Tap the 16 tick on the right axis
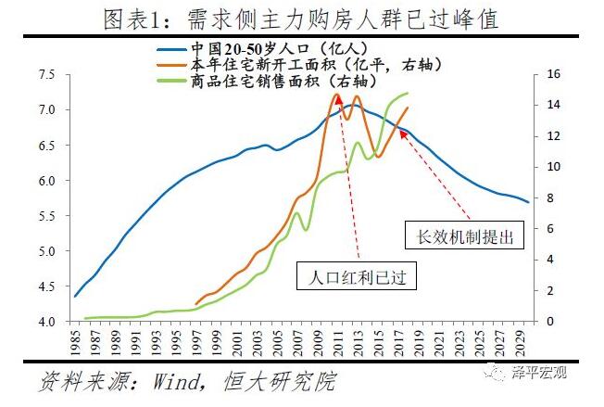pyautogui.click(x=551, y=74)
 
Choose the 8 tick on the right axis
pyautogui.click(x=547, y=198)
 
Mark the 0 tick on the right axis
pyautogui.click(x=547, y=322)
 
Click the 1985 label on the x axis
pyautogui.click(x=75, y=346)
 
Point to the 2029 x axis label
pyautogui.click(x=526, y=346)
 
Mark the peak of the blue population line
pyautogui.click(x=352, y=105)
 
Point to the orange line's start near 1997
pyautogui.click(x=196, y=303)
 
